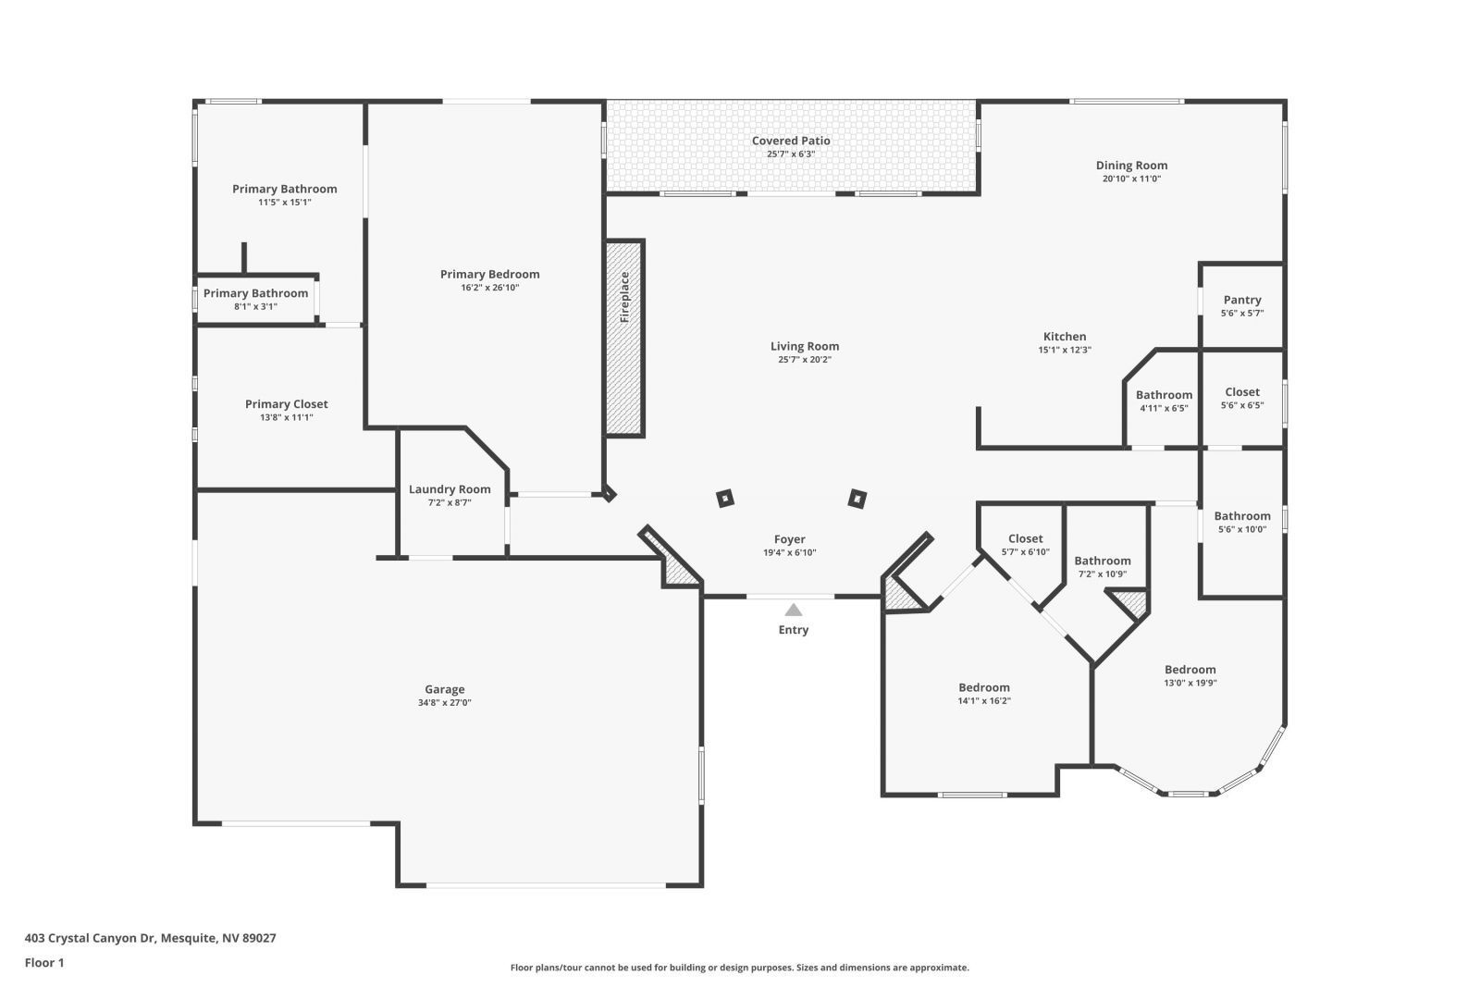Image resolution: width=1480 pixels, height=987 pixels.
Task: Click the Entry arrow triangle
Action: pyautogui.click(x=794, y=610)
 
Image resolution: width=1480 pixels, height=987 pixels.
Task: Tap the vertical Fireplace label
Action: pyautogui.click(x=624, y=296)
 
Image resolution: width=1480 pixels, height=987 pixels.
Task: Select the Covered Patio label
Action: pyautogui.click(x=791, y=141)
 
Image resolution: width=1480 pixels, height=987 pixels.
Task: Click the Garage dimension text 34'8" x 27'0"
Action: pyautogui.click(x=445, y=703)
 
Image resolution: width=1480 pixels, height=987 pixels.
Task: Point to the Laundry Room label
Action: pyautogui.click(x=450, y=489)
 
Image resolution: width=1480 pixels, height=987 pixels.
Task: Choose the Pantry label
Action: pyautogui.click(x=1242, y=300)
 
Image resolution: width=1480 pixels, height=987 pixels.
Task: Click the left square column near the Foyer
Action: pyautogui.click(x=726, y=499)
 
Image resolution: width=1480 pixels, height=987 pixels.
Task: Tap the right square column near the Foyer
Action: pyautogui.click(x=857, y=500)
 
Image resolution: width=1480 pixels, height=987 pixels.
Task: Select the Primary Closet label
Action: pyautogui.click(x=286, y=404)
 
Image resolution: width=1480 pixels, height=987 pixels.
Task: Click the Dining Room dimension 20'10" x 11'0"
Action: pyautogui.click(x=1131, y=179)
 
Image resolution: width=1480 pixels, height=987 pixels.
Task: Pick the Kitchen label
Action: pyautogui.click(x=1065, y=337)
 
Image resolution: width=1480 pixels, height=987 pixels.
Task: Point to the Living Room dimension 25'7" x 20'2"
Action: pyautogui.click(x=805, y=360)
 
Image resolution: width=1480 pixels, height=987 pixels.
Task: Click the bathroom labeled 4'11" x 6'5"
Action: pyautogui.click(x=1164, y=401)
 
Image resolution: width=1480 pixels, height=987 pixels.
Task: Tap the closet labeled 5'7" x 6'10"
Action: pyautogui.click(x=1025, y=545)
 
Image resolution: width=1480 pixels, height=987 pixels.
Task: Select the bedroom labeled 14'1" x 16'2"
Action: pyautogui.click(x=984, y=694)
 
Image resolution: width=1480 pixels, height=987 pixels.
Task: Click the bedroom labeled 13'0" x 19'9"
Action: pyautogui.click(x=1190, y=676)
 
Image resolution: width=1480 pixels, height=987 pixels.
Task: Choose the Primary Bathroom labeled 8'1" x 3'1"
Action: pyautogui.click(x=255, y=299)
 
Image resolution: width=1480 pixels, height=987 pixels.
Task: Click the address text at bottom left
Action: pyautogui.click(x=150, y=938)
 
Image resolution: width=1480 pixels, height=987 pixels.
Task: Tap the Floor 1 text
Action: pyautogui.click(x=44, y=963)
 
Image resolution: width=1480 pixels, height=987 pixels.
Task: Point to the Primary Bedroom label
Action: pyautogui.click(x=489, y=275)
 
